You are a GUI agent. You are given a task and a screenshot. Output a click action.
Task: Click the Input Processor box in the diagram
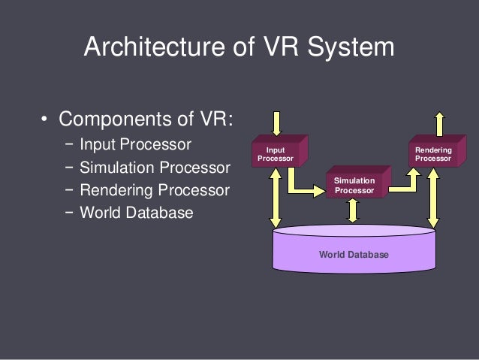[276, 153]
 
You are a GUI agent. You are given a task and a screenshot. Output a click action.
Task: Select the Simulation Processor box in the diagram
[354, 186]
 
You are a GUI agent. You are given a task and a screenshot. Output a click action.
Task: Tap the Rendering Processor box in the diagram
[433, 153]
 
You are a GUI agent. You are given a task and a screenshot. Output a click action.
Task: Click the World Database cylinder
[354, 255]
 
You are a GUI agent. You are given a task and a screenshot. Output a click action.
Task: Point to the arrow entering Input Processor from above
[277, 123]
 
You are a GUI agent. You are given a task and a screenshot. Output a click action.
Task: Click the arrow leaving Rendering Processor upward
[440, 123]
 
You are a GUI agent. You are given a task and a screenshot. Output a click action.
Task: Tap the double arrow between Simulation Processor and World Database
[353, 211]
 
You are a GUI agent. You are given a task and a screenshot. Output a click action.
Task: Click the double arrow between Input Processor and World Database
[276, 196]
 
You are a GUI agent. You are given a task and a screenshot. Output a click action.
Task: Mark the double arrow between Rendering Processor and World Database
[432, 196]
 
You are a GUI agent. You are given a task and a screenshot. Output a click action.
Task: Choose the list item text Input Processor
[136, 144]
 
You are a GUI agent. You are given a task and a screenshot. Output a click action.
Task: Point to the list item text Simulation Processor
[154, 167]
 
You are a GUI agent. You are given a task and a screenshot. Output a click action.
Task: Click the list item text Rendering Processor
[154, 189]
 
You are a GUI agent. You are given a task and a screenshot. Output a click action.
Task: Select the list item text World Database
[137, 213]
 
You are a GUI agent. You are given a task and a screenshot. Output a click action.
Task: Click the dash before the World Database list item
[69, 213]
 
